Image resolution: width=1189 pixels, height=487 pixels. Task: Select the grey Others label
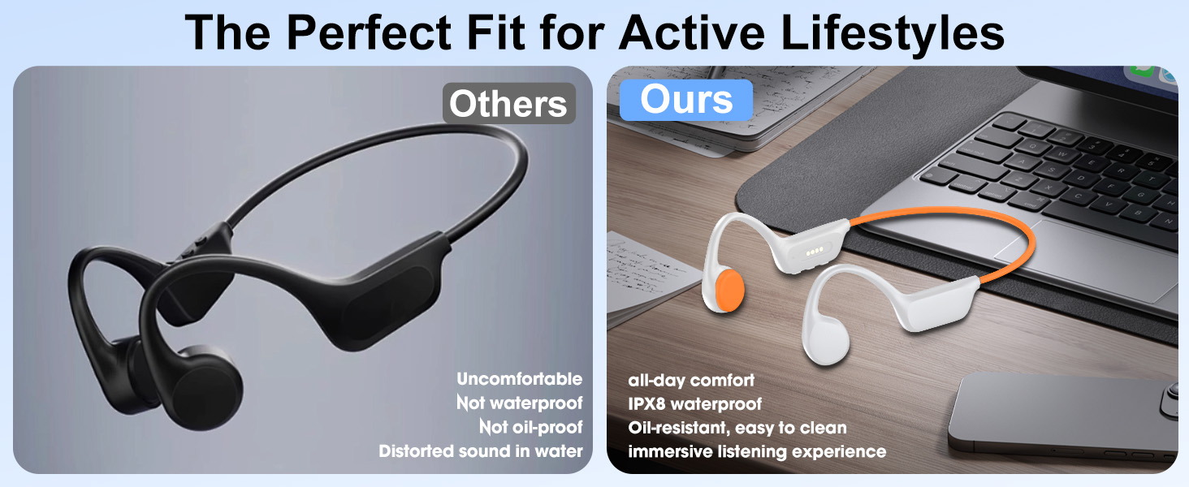click(508, 104)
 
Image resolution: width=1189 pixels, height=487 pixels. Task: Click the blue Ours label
click(686, 101)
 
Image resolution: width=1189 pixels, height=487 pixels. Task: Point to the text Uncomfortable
click(519, 379)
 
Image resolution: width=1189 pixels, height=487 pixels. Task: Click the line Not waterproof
click(519, 403)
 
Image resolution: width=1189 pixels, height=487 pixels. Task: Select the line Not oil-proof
click(530, 427)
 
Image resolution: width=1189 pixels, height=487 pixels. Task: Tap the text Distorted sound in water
click(481, 451)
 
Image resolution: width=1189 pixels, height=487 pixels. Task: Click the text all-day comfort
click(691, 380)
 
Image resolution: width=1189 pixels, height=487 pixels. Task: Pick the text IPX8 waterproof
click(695, 403)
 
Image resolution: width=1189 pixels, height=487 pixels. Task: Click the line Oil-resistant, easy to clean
click(737, 427)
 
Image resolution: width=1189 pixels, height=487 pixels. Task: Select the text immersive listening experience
click(757, 451)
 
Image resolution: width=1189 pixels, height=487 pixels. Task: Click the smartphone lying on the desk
click(1064, 418)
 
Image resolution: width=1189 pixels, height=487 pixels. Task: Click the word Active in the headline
click(690, 32)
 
